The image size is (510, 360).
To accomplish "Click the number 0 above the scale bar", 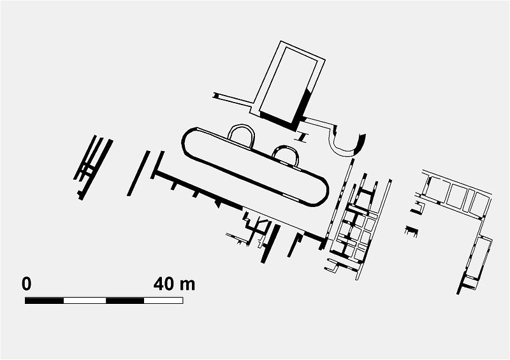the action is point(26,284).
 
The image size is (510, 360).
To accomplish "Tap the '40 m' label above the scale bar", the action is point(174,284).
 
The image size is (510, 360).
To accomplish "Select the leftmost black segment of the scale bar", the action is point(44,300).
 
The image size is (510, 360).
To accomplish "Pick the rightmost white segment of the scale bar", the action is point(163,300).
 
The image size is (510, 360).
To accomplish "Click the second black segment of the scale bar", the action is point(124,300).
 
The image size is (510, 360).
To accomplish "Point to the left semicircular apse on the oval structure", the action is point(241,134).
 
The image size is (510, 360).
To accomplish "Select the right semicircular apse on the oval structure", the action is point(285,154).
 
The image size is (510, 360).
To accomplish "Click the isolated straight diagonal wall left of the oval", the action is point(138,173).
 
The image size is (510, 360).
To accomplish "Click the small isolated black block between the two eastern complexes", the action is point(411,229).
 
